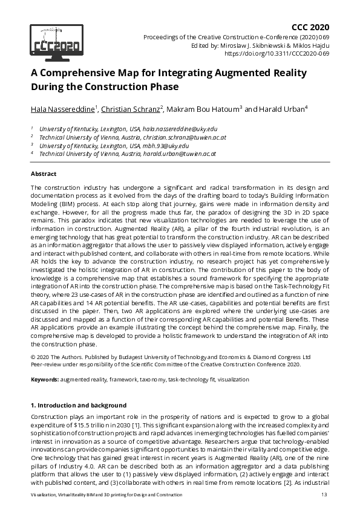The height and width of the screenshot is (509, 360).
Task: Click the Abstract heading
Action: tap(44, 173)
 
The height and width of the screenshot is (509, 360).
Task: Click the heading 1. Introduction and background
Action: tap(79, 404)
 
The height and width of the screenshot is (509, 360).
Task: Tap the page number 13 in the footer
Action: tap(324, 496)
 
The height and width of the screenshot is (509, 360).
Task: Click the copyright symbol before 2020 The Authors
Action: tap(33, 357)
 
